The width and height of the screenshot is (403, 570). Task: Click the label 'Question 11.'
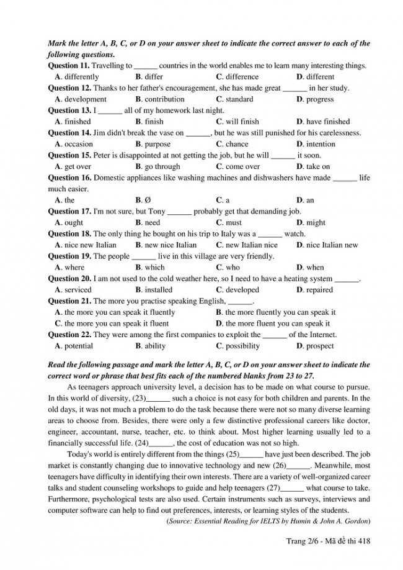coord(69,66)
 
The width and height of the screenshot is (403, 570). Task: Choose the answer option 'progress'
coord(319,99)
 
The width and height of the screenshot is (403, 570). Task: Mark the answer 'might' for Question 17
coord(316,222)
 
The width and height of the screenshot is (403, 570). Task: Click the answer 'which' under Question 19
coord(154,268)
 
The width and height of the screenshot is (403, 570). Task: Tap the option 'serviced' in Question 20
coord(77,290)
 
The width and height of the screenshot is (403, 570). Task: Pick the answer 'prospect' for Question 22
coord(319,346)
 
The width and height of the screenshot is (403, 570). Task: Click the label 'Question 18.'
coord(69,234)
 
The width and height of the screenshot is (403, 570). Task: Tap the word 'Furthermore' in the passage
coord(69,499)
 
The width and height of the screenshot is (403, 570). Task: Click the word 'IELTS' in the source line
coord(272,520)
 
